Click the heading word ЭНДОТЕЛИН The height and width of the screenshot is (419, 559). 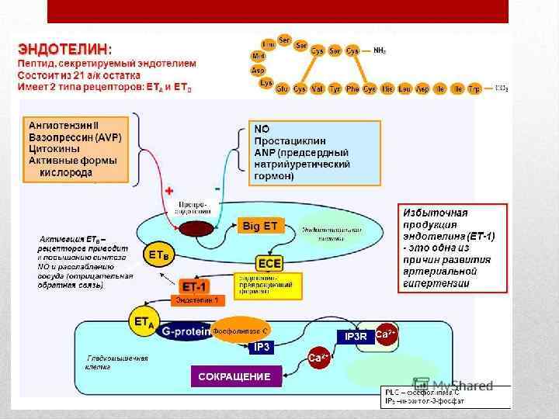tap(63, 49)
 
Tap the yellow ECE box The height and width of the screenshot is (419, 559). tap(269, 263)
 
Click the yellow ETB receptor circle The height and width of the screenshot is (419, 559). tap(155, 255)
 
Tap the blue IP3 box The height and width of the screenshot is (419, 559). tap(262, 348)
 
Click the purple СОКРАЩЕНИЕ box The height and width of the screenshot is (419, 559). tap(234, 376)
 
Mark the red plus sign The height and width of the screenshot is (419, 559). tap(169, 190)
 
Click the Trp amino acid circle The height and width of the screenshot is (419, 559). tap(475, 89)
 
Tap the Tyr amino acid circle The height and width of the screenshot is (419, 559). tap(335, 89)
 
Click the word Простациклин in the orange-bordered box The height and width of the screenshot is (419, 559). tap(290, 141)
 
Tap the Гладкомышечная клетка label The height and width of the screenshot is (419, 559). tap(117, 363)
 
